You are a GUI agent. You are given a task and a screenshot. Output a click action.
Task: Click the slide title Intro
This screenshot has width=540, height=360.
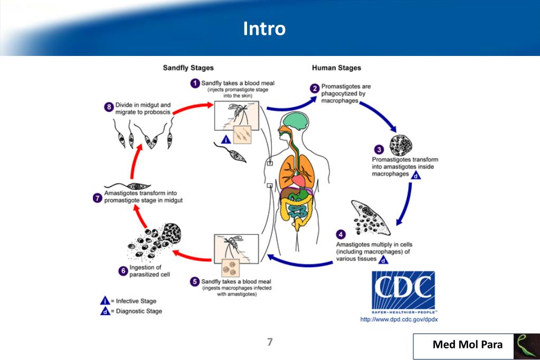[264, 29]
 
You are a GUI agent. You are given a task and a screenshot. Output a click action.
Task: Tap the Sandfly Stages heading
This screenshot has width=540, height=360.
[188, 68]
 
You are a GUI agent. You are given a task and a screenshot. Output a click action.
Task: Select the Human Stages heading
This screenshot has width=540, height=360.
[336, 68]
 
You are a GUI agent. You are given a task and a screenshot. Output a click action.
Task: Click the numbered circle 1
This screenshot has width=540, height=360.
[195, 83]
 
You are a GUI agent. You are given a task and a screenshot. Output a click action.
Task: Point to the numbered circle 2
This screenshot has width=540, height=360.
[314, 88]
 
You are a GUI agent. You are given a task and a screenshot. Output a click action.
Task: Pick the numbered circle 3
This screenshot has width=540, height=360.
[378, 149]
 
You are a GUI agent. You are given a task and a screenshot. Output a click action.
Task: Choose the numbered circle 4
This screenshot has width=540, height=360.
[342, 233]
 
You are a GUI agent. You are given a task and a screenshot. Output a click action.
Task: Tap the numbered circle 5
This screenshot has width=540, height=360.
[195, 281]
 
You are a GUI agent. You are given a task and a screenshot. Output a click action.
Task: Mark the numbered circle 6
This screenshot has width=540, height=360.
[122, 271]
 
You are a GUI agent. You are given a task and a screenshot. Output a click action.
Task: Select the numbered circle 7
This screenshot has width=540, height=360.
[97, 198]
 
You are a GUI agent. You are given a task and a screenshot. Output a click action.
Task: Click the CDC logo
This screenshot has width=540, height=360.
[403, 291]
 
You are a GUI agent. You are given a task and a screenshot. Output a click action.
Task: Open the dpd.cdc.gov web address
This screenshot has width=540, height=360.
[399, 319]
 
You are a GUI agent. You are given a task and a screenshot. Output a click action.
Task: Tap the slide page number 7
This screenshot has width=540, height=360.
[269, 342]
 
